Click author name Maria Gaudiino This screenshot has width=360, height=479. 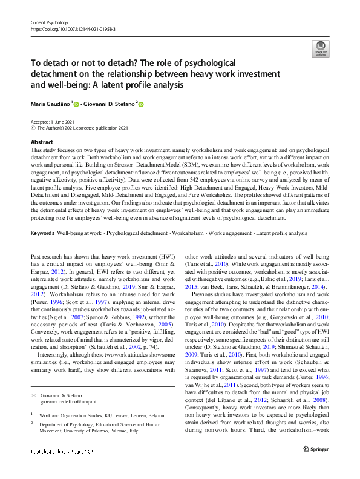pyautogui.click(x=50, y=104)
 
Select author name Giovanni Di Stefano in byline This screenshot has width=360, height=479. pyautogui.click(x=108, y=104)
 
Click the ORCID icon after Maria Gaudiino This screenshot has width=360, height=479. pyautogui.click(x=77, y=105)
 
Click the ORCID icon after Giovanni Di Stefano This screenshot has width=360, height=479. pyautogui.click(x=142, y=105)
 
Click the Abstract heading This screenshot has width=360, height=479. pyautogui.click(x=42, y=141)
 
